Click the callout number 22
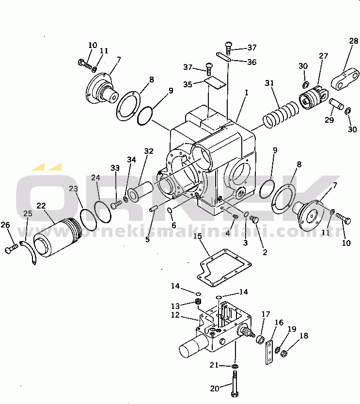41,206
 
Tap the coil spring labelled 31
281,114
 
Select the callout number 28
354,41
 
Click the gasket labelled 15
224,268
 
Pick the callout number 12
175,315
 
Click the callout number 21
214,365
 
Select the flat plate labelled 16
269,352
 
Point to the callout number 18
304,336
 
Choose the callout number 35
188,84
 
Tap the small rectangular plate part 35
215,83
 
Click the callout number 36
251,62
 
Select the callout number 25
28,213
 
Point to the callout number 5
147,240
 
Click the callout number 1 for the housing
247,93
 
